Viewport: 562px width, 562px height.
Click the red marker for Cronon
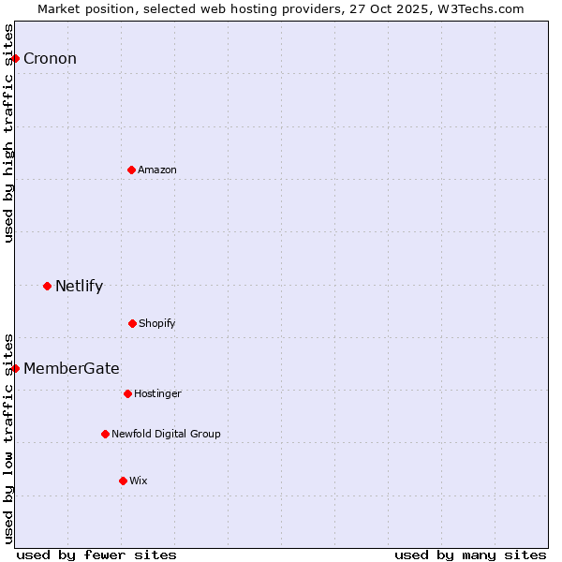(15, 59)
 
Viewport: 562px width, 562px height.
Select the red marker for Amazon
(131, 170)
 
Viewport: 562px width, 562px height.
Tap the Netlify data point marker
(47, 286)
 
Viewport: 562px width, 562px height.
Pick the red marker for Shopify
(132, 323)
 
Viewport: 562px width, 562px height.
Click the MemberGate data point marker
(15, 368)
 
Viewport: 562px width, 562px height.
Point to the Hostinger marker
(127, 393)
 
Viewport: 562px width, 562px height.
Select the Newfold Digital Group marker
(105, 434)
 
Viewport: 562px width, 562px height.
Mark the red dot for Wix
(123, 481)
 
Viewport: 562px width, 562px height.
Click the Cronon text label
(50, 59)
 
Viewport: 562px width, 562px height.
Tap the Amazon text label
(157, 170)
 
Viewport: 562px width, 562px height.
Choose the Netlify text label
(79, 286)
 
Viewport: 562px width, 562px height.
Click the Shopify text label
(157, 323)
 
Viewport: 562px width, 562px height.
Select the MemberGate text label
(71, 368)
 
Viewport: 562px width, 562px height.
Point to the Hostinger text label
(157, 393)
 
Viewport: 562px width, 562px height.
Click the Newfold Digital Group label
(166, 434)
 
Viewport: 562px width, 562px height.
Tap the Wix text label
(139, 481)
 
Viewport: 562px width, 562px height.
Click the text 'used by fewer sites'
(96, 555)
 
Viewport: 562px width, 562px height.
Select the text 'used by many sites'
(470, 555)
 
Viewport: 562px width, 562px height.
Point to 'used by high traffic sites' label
(8, 133)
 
